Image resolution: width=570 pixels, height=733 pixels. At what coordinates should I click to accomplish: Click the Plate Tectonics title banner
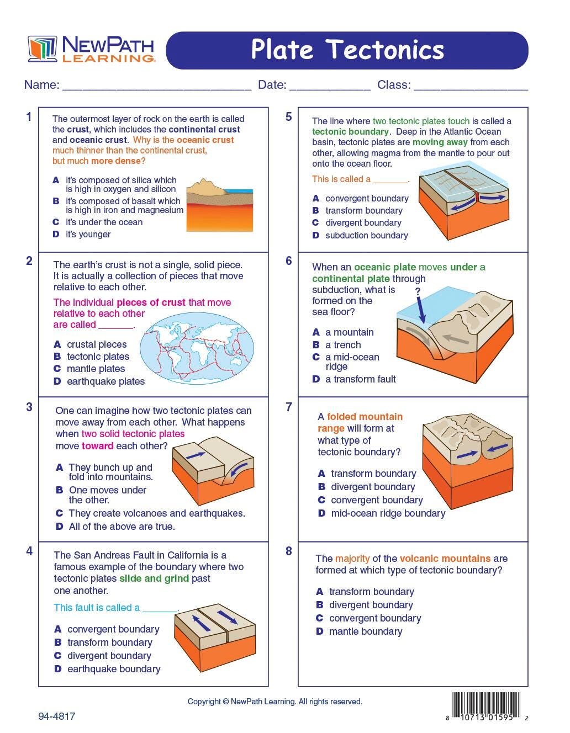point(347,50)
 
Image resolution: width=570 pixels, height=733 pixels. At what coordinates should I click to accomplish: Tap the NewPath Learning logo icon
point(43,49)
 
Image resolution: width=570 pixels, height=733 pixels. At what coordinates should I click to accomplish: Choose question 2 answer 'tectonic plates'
point(98,356)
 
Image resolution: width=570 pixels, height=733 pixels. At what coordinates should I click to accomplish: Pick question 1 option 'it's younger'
point(88,234)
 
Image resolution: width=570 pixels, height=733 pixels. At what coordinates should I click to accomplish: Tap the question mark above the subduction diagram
point(418,291)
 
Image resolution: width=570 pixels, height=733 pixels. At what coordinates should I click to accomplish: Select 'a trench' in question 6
point(343,345)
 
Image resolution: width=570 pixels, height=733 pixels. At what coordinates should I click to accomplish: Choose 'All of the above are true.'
point(122,526)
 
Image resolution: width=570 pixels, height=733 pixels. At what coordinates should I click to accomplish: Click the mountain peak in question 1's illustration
point(204,182)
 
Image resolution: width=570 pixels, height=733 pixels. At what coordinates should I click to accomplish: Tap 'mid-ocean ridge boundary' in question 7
point(388,513)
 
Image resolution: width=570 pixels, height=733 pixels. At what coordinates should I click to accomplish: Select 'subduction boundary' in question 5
point(367,235)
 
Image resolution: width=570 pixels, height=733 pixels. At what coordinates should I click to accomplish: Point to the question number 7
point(288,407)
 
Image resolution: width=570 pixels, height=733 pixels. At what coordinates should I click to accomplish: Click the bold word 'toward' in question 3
point(98,446)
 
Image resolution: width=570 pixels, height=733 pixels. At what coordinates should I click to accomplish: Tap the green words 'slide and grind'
point(154,578)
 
